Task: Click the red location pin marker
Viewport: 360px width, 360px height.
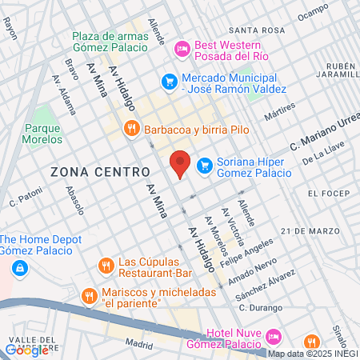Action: click(x=181, y=162)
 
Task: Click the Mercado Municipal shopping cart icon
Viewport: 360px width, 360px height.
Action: click(x=169, y=81)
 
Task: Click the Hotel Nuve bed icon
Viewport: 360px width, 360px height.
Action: click(x=273, y=335)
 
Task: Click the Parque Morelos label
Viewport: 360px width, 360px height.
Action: click(x=43, y=134)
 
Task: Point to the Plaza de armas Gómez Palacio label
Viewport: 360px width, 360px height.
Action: click(x=110, y=42)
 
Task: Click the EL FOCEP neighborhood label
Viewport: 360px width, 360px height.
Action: click(x=330, y=194)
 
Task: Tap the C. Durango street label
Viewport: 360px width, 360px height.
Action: click(x=256, y=308)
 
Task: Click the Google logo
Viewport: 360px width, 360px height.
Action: click(x=26, y=350)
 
